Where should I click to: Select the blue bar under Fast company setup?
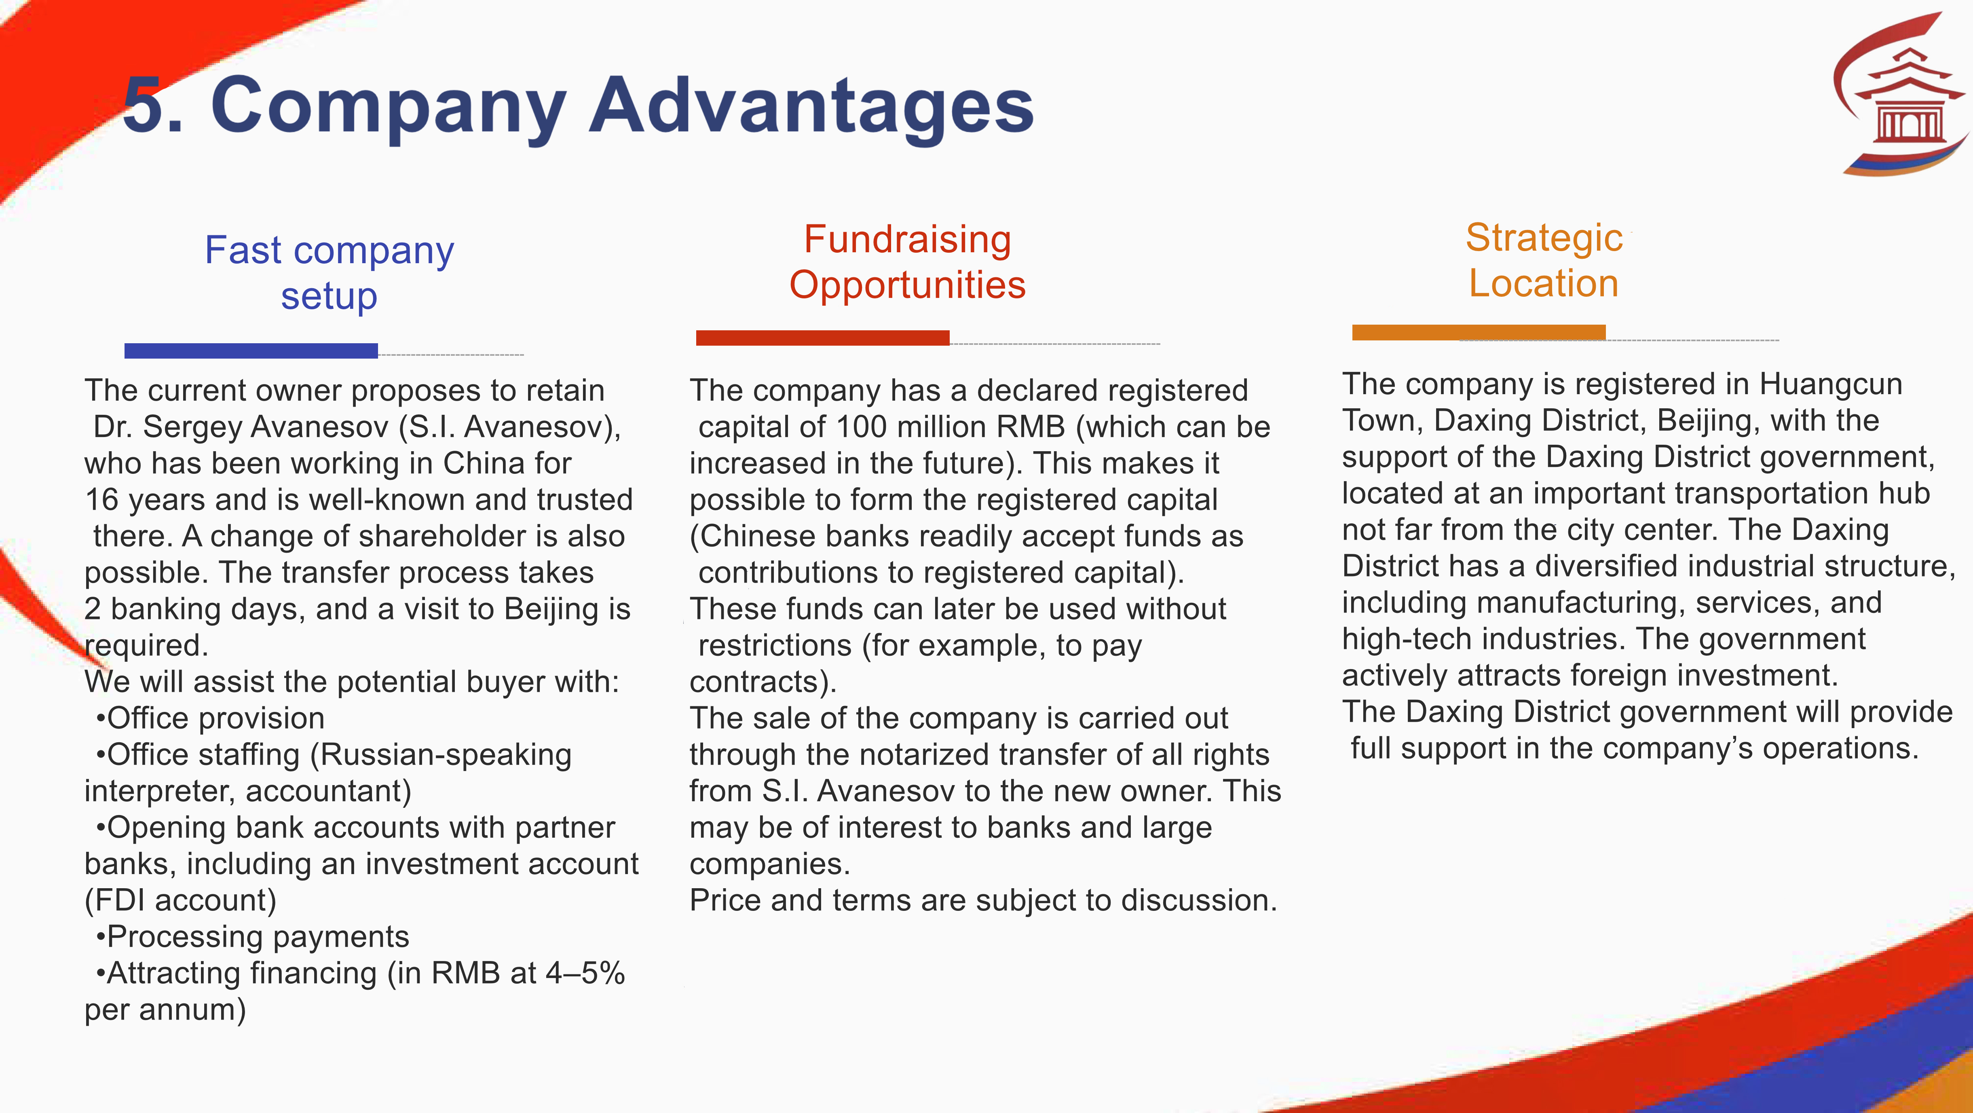[x=251, y=351]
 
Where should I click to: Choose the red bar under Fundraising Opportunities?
[x=823, y=338]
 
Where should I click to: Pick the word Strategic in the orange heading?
[x=1544, y=237]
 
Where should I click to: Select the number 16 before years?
[x=102, y=499]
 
